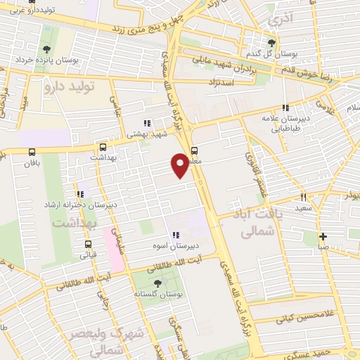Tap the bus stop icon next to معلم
pos(194,149)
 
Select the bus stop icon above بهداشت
pos(103,148)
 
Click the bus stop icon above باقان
pos(32,152)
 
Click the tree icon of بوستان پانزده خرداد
pos(46,49)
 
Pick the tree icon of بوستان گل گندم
pos(271,44)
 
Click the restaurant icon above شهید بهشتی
pos(146,123)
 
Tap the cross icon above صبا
pos(322,237)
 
